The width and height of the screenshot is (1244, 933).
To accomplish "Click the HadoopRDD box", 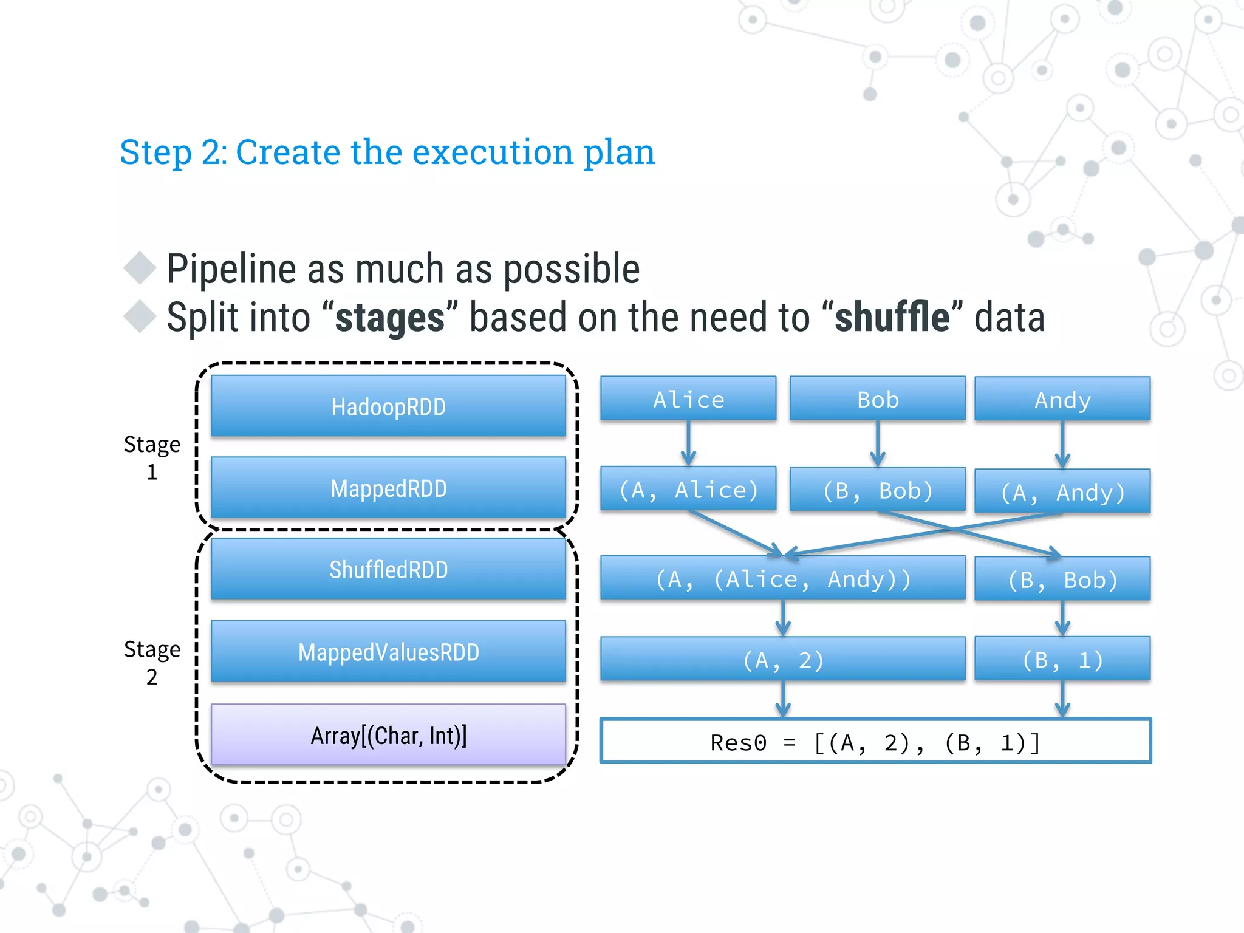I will pos(388,406).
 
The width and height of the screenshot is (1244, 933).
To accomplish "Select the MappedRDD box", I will pos(388,488).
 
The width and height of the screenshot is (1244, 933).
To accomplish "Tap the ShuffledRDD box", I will pos(388,569).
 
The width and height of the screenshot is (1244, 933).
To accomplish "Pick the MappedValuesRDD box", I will pos(388,652).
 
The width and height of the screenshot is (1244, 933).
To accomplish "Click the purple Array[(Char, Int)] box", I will pos(388,735).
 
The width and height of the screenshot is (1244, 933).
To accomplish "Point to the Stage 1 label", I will pos(152,457).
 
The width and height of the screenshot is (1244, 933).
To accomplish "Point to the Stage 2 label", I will pos(152,662).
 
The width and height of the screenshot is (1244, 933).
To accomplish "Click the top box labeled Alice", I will pos(688,399).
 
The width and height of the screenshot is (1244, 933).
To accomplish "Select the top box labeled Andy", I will pos(1062,400).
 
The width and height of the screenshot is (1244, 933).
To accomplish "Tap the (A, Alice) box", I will pos(688,489).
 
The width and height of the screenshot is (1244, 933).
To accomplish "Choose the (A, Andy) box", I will pos(1062,491).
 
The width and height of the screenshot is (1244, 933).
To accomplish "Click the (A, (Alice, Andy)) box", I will pos(782,578).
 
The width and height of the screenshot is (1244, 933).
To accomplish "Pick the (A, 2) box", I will pos(782,659).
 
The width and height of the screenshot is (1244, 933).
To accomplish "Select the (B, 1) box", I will pos(1062,659).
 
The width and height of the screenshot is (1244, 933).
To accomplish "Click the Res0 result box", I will pos(875,742).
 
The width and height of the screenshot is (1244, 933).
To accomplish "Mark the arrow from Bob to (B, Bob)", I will pos(878,443).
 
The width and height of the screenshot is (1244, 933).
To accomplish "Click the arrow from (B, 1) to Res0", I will pos(1062,699).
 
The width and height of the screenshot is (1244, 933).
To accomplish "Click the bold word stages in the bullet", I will pos(390,318).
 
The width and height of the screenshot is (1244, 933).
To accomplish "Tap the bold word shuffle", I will pos(892,318).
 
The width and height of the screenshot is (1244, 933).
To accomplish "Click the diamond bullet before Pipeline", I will pos(140,268).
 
